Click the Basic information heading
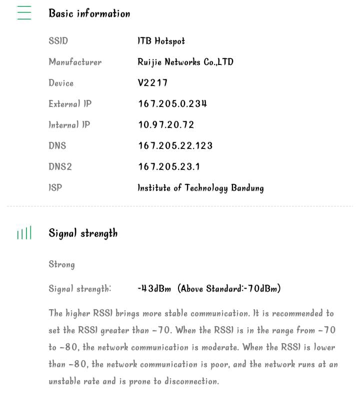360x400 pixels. [89, 13]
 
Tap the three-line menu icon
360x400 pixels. [24, 13]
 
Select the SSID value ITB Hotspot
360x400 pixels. [161, 41]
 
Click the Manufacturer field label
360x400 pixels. [75, 62]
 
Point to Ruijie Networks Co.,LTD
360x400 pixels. [185, 62]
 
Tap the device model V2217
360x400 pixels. [152, 83]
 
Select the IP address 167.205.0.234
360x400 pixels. [172, 104]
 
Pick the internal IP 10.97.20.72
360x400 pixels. [166, 125]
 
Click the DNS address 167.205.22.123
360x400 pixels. [175, 146]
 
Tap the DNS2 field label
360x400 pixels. [60, 167]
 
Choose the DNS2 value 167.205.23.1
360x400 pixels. [169, 167]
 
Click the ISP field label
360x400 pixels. [55, 188]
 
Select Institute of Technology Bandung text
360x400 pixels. [200, 188]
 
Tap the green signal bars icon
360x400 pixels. [24, 233]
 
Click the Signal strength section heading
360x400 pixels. [83, 233]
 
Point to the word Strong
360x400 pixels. [61, 264]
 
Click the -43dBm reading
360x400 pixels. [154, 289]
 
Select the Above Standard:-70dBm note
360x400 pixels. [229, 289]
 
